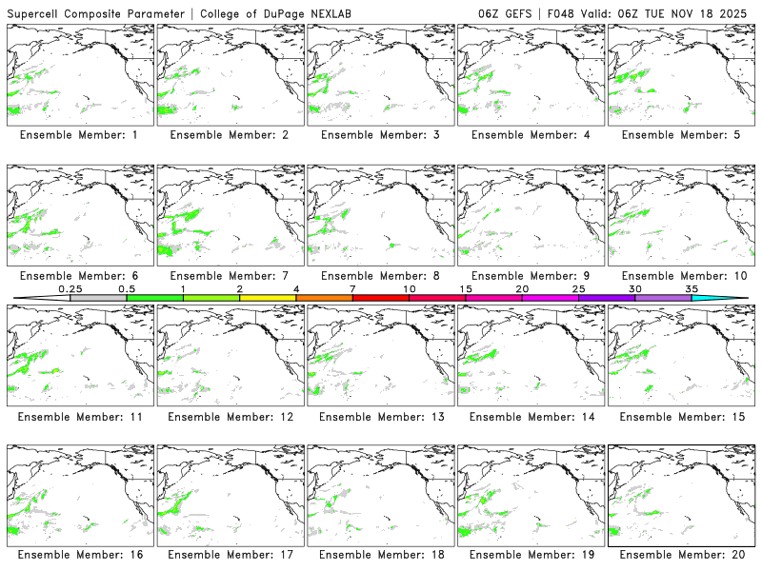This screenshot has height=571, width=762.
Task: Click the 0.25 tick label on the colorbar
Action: tap(70, 288)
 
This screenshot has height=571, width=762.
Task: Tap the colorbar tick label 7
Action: tap(352, 288)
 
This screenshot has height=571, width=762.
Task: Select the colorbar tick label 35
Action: tap(692, 288)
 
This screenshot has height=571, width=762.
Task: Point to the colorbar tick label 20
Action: tap(522, 288)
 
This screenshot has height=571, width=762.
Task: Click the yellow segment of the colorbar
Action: tap(268, 298)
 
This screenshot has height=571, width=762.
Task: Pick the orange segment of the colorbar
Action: tap(324, 298)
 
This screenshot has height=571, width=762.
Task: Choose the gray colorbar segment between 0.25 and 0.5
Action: tap(98, 298)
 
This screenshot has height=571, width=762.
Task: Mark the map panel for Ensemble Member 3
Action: tap(381, 74)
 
